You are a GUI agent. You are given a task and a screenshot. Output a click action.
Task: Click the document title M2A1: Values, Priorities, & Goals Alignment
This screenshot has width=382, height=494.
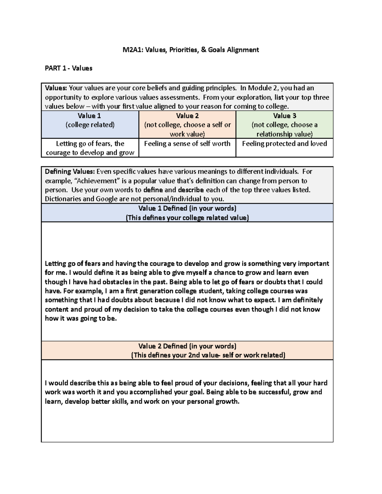(x=191, y=50)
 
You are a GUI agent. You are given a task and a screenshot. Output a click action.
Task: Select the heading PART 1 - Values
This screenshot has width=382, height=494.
(x=68, y=68)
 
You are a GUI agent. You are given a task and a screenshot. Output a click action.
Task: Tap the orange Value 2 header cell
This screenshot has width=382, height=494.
(x=187, y=124)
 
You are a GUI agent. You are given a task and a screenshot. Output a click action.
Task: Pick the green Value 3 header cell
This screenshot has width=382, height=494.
(x=284, y=124)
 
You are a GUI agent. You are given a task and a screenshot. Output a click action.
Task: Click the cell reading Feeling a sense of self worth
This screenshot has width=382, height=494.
(x=187, y=144)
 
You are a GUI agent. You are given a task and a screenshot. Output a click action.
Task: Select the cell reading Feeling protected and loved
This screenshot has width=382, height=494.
(x=284, y=144)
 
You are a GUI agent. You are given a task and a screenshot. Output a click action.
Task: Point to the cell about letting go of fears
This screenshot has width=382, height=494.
(x=90, y=148)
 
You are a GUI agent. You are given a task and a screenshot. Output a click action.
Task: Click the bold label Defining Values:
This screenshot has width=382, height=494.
(x=70, y=172)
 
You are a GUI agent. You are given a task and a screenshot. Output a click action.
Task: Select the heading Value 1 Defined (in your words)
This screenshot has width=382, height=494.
(x=187, y=208)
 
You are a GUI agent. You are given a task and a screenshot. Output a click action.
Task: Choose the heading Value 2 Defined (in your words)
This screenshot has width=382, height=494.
(x=187, y=346)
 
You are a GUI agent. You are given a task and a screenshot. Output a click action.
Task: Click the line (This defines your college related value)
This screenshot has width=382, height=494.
(x=187, y=218)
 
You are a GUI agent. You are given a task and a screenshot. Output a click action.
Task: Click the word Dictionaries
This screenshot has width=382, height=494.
(x=62, y=199)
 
